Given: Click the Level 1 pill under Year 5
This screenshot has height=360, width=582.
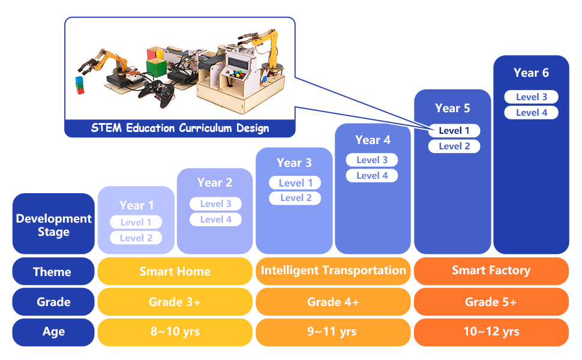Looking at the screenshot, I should click(x=454, y=131).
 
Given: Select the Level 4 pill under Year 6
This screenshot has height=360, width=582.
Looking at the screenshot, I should click(x=531, y=113).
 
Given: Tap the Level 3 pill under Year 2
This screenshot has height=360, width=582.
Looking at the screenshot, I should click(x=215, y=204).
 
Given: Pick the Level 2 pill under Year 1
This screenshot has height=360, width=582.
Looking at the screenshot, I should click(x=136, y=238).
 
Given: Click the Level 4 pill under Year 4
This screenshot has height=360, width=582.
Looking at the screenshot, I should click(x=372, y=176).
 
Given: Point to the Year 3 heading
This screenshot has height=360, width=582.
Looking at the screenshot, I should click(x=294, y=163).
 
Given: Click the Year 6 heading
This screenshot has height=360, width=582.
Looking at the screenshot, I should click(x=531, y=73).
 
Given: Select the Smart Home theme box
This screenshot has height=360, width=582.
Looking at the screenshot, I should click(x=175, y=272).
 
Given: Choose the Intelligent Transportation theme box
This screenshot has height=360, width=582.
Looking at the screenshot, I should click(x=333, y=271).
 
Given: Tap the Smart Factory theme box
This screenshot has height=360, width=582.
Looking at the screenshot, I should click(x=491, y=271).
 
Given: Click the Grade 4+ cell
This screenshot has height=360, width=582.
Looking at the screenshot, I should click(x=333, y=302).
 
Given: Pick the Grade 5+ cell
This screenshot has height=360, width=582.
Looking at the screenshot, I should click(x=491, y=302).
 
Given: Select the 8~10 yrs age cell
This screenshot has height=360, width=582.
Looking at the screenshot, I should click(x=175, y=332).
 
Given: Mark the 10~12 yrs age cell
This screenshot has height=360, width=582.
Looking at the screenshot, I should click(x=491, y=332).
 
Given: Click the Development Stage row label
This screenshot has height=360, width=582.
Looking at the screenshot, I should click(x=53, y=225).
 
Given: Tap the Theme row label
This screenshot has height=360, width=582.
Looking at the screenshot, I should click(x=53, y=272).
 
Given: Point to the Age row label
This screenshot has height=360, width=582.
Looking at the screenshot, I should click(x=53, y=332).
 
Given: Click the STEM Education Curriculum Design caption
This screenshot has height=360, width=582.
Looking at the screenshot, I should click(x=180, y=128).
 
